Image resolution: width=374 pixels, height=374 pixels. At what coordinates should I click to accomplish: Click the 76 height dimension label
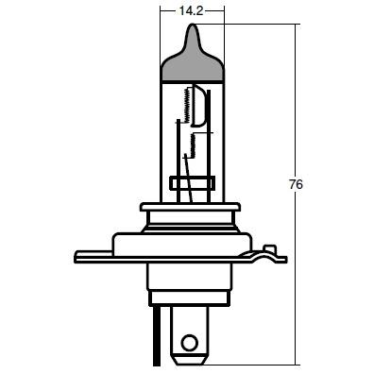coord(296,184)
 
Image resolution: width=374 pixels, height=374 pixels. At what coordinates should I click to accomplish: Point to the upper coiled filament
coord(187,105)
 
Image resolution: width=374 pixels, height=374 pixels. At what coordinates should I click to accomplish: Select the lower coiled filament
coord(193,145)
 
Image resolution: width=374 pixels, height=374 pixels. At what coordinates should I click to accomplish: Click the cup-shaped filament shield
coord(199,106)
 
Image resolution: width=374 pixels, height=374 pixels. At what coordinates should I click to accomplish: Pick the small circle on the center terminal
coord(190,342)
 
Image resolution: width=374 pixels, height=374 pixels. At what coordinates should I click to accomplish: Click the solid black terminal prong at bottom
coord(157,338)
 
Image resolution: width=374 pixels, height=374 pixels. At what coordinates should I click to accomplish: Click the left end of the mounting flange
coord(75,257)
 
